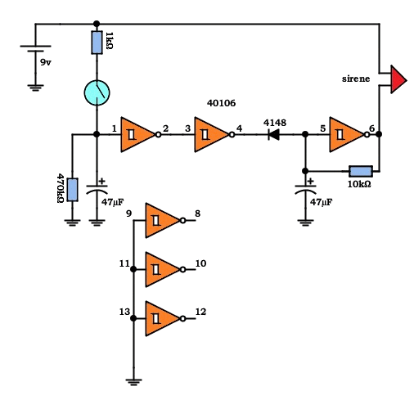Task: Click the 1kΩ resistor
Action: coord(97,43)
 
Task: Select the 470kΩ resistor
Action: coord(72,190)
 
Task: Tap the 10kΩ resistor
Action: coord(361,172)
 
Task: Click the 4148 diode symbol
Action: coord(274,134)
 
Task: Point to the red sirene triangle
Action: coord(398,79)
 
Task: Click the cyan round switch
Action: coord(97,92)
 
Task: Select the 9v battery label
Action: coord(46,63)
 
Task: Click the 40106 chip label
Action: coord(221,103)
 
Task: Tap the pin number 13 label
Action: coord(124,312)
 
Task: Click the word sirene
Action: coord(356,79)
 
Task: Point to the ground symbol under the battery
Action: coord(35,88)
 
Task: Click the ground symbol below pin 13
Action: coord(133,382)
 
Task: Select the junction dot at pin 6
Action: coord(379,134)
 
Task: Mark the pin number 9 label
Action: coord(129,213)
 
